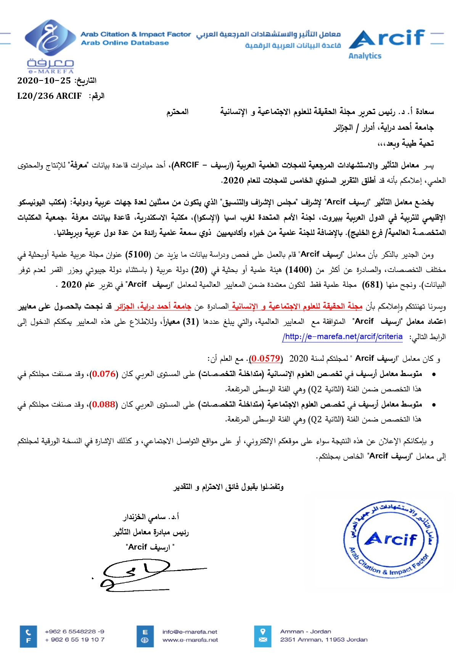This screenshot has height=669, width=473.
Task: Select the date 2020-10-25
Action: point(44,80)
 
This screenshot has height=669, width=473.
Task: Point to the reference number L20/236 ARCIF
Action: point(50,96)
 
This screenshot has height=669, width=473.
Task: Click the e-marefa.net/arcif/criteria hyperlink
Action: point(343,336)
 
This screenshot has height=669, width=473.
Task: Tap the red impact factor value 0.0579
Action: point(265,359)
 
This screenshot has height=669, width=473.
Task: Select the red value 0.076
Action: point(104,374)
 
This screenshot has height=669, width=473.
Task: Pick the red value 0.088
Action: point(104,404)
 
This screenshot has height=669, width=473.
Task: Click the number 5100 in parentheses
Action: point(138,254)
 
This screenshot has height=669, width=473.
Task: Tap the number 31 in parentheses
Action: point(191,322)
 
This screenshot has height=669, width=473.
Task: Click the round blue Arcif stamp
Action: point(391,539)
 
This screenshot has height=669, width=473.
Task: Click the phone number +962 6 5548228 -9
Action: point(74,632)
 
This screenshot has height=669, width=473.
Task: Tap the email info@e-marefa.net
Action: point(190,632)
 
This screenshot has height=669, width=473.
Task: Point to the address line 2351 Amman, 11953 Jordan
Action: point(324,640)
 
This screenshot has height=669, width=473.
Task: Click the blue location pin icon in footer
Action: point(263,631)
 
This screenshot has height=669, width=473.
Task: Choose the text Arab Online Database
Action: point(125,43)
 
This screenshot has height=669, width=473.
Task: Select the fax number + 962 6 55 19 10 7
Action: point(74,640)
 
